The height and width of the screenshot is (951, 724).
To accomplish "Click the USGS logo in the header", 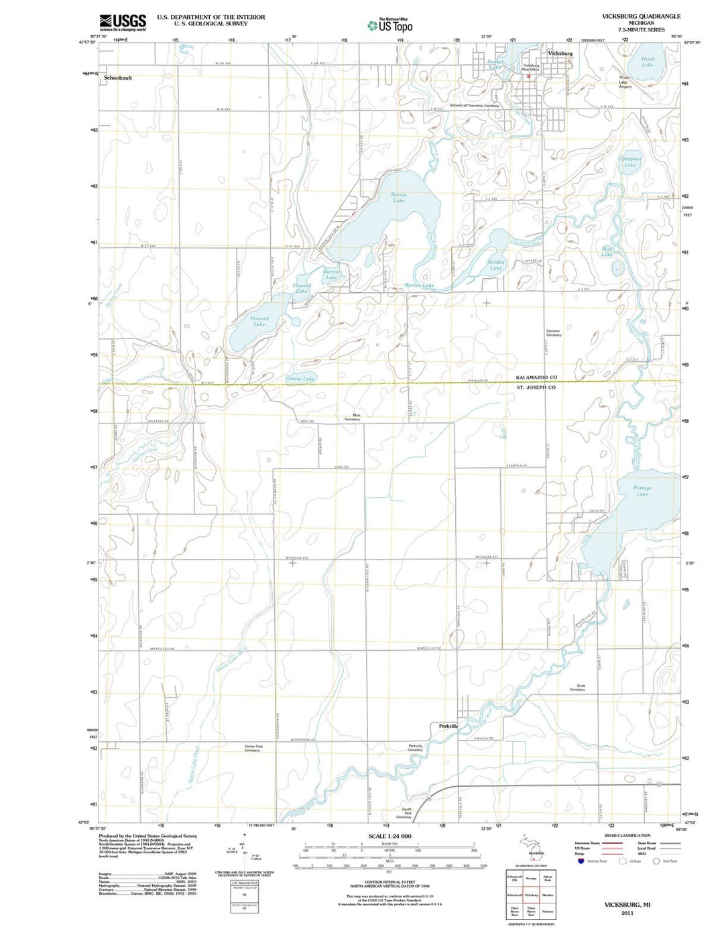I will click(122, 22).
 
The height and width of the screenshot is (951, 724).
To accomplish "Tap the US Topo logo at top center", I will click(390, 25).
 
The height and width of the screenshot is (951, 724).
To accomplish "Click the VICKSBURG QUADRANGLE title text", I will click(631, 16).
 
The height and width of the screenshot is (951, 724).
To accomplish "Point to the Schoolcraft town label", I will click(118, 78).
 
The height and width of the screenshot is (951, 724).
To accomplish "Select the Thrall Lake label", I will click(647, 62).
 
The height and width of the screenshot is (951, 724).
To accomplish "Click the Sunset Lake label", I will click(495, 64).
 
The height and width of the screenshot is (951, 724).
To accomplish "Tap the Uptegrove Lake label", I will click(629, 162).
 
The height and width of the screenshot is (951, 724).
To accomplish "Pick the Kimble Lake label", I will click(496, 265).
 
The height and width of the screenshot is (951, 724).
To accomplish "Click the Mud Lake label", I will click(607, 251).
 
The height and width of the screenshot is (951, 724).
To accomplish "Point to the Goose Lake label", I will click(300, 379).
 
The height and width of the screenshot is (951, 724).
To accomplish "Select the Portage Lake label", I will click(642, 491).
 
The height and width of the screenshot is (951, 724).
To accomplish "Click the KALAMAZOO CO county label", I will click(536, 377).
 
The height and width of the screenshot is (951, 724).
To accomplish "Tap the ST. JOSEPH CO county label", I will click(536, 387).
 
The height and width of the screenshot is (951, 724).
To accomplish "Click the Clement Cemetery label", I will click(553, 332).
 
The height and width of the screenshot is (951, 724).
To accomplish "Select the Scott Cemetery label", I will click(577, 688).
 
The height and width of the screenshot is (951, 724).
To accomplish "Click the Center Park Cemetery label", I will click(253, 748).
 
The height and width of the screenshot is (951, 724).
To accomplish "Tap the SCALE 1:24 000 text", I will click(389, 836).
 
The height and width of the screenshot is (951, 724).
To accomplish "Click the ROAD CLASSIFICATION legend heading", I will click(627, 836).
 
